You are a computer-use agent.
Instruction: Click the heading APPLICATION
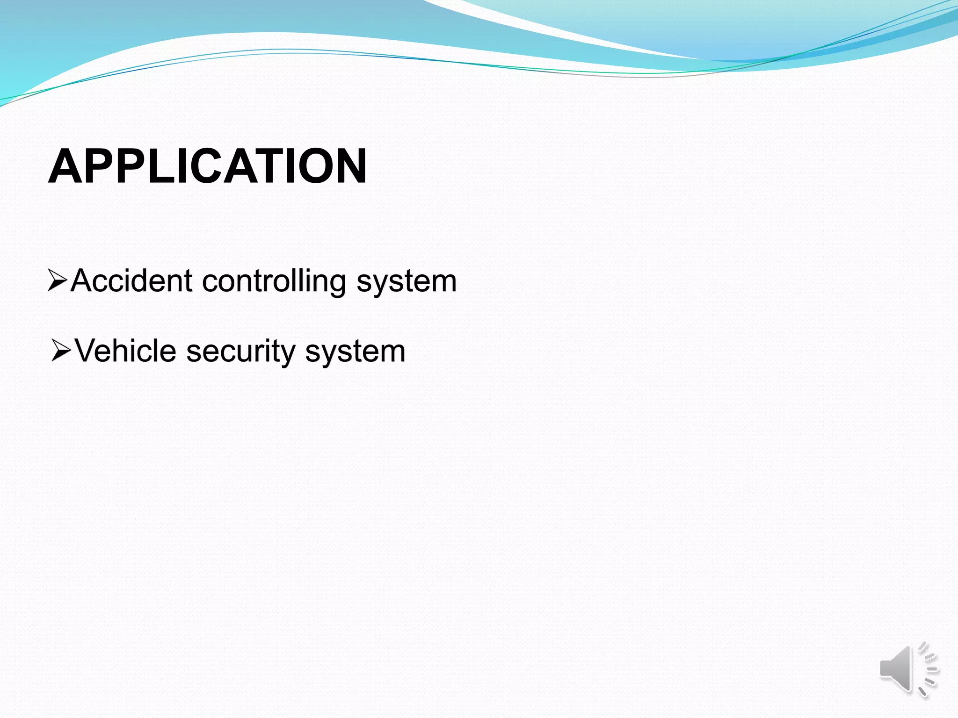[207, 166]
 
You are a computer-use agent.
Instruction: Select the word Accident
[131, 281]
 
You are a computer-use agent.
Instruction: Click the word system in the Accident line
[406, 282]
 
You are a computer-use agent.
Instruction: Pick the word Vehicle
[125, 351]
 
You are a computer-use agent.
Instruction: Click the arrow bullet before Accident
[58, 280]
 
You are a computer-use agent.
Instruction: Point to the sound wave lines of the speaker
[929, 669]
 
